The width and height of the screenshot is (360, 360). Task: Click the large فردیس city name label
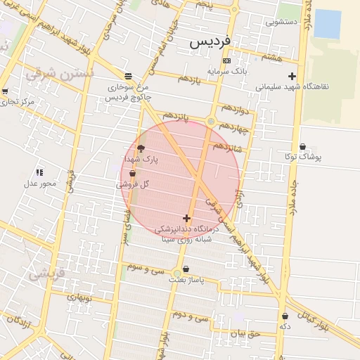pyautogui.click(x=210, y=42)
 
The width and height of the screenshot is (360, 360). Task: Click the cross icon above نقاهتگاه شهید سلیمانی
pyautogui.click(x=292, y=76)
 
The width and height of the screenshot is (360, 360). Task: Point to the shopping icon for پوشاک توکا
pyautogui.click(x=302, y=147)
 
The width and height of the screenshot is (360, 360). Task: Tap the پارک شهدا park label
pyautogui.click(x=142, y=160)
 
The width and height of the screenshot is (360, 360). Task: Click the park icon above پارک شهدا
pyautogui.click(x=141, y=148)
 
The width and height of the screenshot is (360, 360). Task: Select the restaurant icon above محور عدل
pyautogui.click(x=39, y=172)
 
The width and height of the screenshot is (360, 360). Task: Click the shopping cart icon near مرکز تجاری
pyautogui.click(x=5, y=91)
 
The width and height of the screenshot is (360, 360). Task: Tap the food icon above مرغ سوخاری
pyautogui.click(x=127, y=76)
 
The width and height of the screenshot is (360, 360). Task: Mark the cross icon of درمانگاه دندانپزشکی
pyautogui.click(x=186, y=218)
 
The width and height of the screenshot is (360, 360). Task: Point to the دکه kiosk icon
pyautogui.click(x=284, y=316)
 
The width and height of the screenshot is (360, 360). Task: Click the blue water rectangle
pyautogui.click(x=328, y=24)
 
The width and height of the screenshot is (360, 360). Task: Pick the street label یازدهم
pyautogui.click(x=189, y=79)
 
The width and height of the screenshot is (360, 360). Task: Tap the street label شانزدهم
pyautogui.click(x=227, y=146)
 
